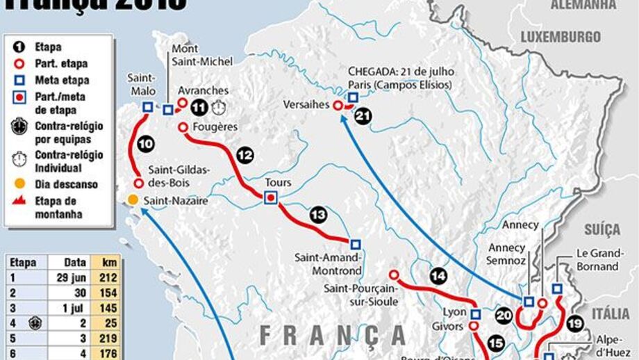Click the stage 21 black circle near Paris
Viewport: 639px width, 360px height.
click(362, 117)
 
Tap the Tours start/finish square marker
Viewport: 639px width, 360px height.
click(271, 198)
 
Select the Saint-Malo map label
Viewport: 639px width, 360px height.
click(142, 85)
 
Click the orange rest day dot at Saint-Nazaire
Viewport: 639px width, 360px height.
click(132, 200)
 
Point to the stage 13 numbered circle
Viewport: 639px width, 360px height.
click(318, 215)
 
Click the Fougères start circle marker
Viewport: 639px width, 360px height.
click(183, 127)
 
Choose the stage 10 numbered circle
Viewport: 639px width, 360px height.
click(145, 145)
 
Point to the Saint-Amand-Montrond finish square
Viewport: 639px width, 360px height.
click(355, 244)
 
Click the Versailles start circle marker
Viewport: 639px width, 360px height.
click(338, 106)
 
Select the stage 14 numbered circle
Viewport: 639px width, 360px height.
click(437, 275)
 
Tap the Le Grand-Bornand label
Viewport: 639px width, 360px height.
click(597, 261)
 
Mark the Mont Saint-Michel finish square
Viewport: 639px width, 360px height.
click(168, 109)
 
